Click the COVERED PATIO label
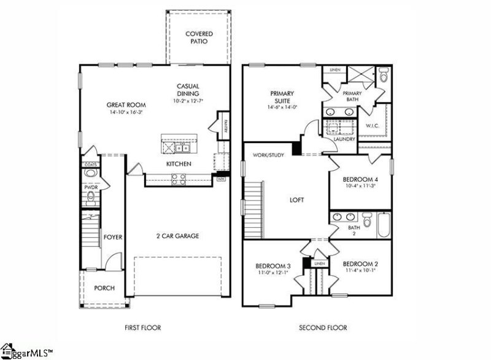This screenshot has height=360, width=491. click(x=199, y=37)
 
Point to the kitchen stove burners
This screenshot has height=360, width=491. click(x=179, y=179)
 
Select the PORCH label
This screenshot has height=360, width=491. click(x=104, y=288)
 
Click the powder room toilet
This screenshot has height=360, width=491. click(x=91, y=196)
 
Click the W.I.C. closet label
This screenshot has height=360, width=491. click(x=373, y=126)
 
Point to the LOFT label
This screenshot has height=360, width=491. click(x=298, y=200)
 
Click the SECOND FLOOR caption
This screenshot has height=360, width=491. click(x=323, y=328)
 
